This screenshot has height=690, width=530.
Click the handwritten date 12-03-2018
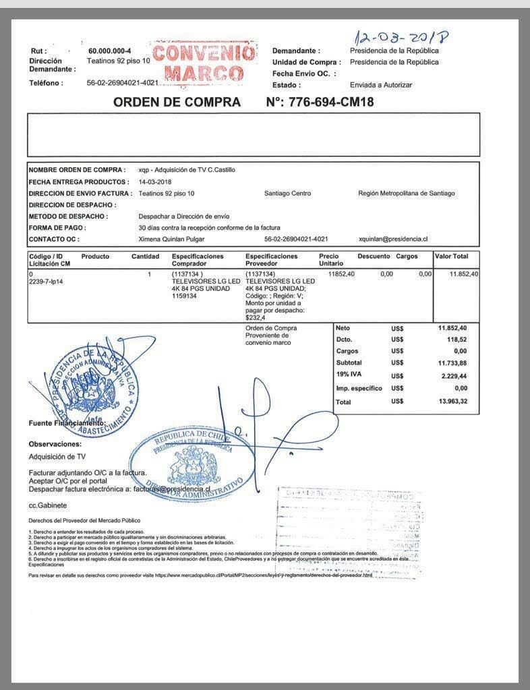point(404,34)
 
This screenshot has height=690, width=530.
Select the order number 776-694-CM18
point(331,102)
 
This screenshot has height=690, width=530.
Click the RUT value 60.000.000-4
point(109,51)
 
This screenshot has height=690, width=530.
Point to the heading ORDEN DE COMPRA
point(177,102)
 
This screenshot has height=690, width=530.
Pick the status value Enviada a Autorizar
point(380,85)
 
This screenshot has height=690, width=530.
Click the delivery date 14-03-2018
point(155,182)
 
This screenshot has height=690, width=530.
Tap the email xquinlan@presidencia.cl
point(394,239)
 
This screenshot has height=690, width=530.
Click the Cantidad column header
point(145,257)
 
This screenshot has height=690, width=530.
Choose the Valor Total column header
point(451,257)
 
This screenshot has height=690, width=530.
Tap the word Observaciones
point(55,444)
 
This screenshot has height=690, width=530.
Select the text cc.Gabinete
point(47,505)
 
